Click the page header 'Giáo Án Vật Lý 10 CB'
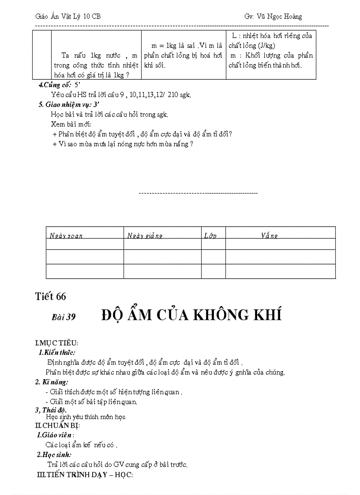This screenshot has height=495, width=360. (x=68, y=16)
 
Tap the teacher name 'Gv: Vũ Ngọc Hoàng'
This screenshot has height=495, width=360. (x=273, y=16)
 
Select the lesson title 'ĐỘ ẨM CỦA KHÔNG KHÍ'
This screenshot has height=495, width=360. (x=191, y=315)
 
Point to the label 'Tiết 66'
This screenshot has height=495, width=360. (x=50, y=297)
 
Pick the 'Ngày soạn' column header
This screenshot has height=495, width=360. (x=66, y=236)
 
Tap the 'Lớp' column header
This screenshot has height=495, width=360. (x=210, y=236)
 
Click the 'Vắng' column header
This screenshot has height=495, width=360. (x=269, y=236)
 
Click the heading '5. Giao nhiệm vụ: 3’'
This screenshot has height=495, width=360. (x=69, y=104)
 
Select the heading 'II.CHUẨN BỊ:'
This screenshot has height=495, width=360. (x=57, y=425)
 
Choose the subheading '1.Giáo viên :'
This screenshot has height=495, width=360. (x=55, y=435)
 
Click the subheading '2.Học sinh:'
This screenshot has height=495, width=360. (x=54, y=454)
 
